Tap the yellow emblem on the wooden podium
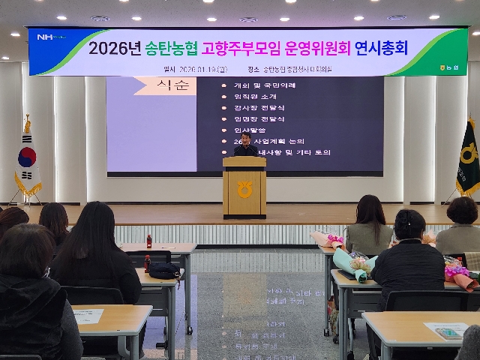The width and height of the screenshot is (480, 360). click(244, 189)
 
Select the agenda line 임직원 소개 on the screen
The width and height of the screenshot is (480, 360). click(252, 96)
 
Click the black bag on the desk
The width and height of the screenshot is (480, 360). click(163, 270)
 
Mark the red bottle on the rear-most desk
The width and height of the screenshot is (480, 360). click(149, 241)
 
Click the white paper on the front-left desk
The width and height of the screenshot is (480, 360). click(88, 315)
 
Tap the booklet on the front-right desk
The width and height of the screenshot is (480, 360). click(445, 331)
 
